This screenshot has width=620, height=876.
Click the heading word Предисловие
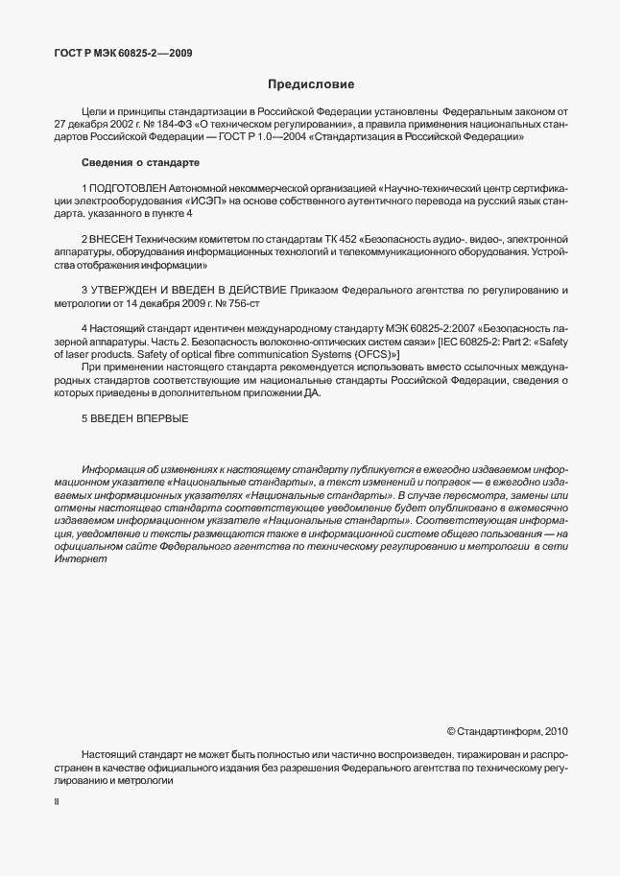(310, 85)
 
